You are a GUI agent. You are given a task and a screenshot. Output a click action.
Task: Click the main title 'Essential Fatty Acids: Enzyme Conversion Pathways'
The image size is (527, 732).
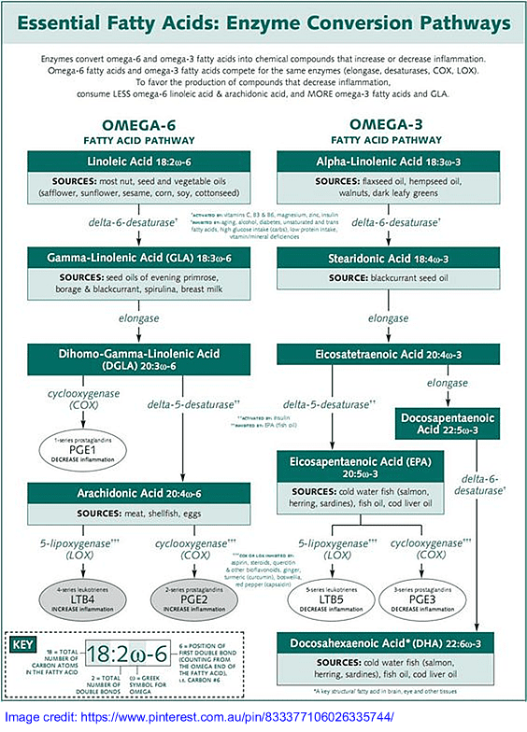[263, 23]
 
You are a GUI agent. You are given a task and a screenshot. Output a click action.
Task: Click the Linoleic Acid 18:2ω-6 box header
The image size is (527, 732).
[138, 160]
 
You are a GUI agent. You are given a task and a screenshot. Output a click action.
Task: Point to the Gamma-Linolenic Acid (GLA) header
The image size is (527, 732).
[138, 256]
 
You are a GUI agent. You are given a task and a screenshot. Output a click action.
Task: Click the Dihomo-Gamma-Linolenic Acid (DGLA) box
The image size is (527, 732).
[138, 359]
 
